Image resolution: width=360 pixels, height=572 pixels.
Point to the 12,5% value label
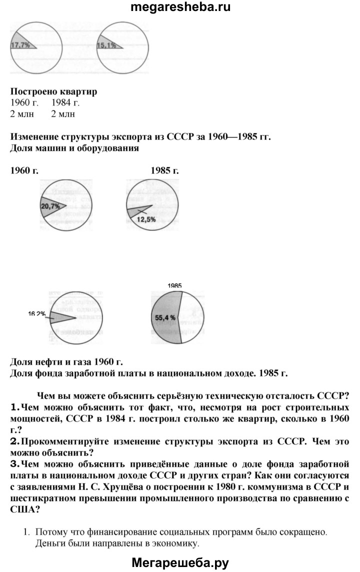tap(146, 219)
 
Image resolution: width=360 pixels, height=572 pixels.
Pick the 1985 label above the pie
tap(174, 285)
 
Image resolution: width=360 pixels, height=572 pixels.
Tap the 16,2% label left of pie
tap(37, 314)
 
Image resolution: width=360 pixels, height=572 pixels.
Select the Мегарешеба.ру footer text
tap(180, 563)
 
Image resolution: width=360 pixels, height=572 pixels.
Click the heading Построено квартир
tap(53, 92)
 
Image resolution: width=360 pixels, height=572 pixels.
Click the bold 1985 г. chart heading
tap(164, 170)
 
